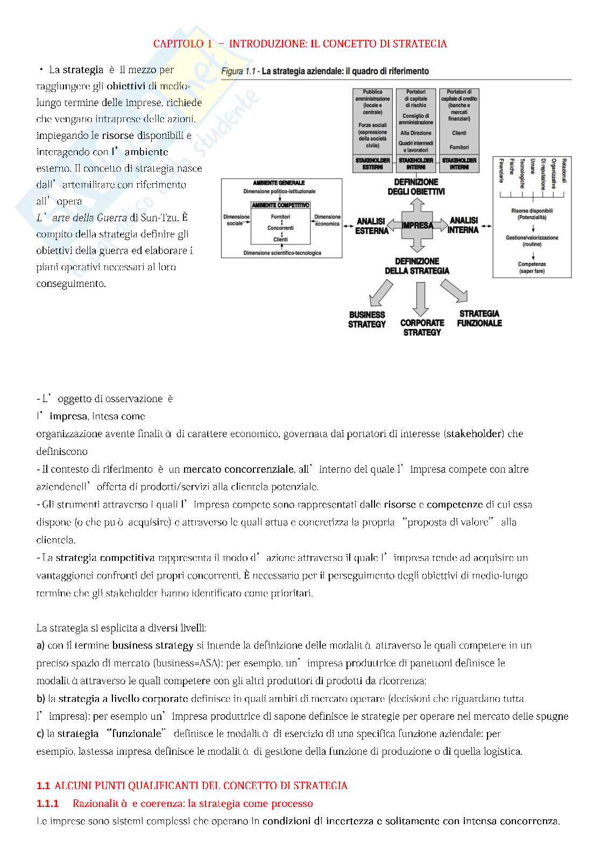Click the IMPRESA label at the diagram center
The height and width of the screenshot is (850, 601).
click(417, 225)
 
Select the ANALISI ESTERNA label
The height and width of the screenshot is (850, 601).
click(371, 226)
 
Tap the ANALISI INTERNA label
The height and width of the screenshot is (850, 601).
click(463, 225)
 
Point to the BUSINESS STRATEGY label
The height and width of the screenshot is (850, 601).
click(367, 319)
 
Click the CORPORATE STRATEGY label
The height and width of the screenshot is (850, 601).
click(422, 327)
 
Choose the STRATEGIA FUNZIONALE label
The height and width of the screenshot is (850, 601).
click(479, 318)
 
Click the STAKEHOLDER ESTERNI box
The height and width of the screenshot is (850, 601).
click(372, 164)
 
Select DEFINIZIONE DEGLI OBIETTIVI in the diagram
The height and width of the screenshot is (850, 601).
click(416, 187)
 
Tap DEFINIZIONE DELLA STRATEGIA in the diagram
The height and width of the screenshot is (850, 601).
click(417, 266)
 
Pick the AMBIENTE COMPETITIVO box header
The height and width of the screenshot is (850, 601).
click(280, 205)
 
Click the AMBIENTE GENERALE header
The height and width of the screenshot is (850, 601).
click(279, 183)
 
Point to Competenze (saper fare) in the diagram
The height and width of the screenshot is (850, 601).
click(532, 268)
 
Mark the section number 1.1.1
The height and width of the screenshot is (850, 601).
click(47, 804)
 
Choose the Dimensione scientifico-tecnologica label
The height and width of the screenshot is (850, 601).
click(282, 253)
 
